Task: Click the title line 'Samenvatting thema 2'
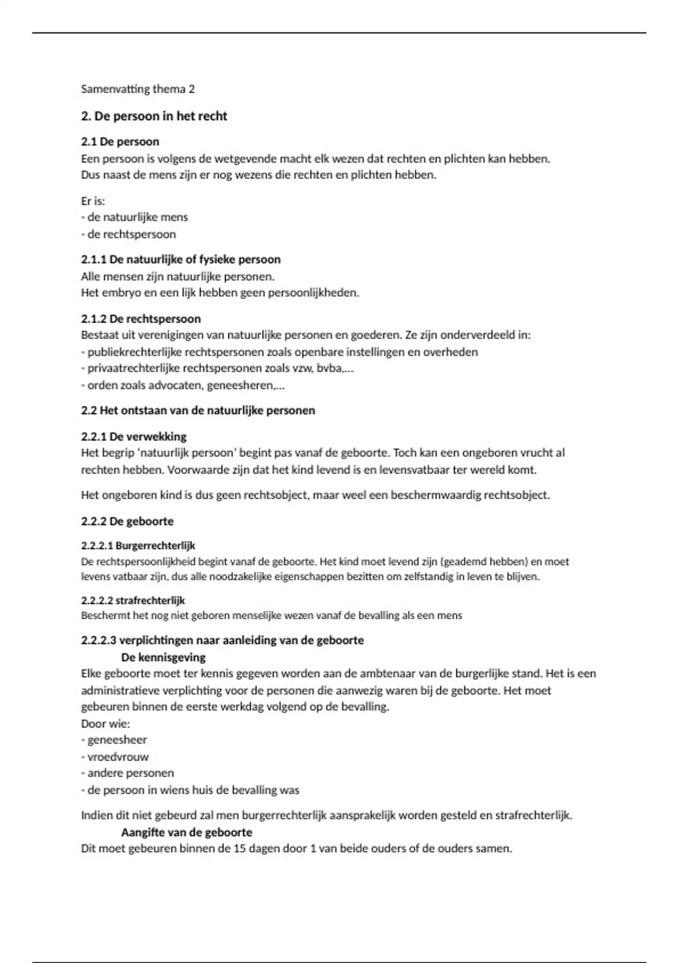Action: click(x=137, y=89)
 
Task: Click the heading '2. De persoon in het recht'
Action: click(x=154, y=116)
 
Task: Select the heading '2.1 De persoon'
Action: click(x=120, y=142)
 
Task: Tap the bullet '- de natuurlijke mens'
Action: click(x=135, y=217)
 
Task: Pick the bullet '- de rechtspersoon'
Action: click(x=128, y=234)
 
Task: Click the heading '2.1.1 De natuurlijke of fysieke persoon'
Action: click(x=181, y=259)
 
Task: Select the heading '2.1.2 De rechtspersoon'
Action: click(x=141, y=319)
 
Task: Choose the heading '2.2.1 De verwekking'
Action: click(x=134, y=437)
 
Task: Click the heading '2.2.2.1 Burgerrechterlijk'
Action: click(x=138, y=546)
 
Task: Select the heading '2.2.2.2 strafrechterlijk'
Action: click(x=133, y=600)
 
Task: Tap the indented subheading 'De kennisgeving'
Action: click(x=163, y=658)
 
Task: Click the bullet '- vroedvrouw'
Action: click(x=115, y=757)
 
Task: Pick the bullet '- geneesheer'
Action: click(x=114, y=740)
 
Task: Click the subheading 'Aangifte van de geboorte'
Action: click(x=186, y=833)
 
